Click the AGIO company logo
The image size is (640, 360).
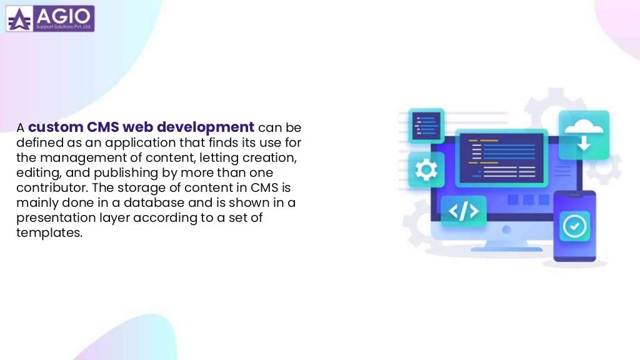pos(50,19)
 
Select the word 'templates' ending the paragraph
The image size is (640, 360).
pos(49,232)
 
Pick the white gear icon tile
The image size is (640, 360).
pos(426,169)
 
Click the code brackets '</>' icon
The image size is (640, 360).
pos(463,211)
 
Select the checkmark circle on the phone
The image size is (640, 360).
pos(573,226)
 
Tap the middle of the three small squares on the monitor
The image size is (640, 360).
pos(527,200)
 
